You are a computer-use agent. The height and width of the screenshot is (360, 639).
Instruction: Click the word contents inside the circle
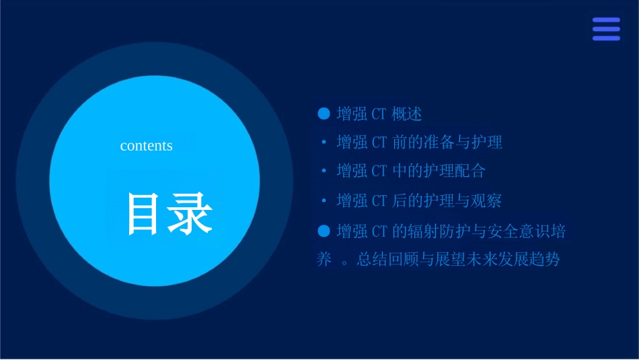146,146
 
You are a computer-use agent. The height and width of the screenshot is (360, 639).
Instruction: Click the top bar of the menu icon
606,20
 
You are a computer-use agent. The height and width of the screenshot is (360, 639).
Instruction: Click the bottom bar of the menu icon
606,38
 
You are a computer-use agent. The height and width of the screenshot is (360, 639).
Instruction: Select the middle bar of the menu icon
606,29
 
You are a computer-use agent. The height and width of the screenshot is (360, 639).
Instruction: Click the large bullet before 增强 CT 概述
324,114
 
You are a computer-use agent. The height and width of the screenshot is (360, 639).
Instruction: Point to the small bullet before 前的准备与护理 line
324,143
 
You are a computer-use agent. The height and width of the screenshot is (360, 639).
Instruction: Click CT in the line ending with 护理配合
379,171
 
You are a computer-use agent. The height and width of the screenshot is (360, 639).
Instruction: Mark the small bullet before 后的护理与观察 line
324,201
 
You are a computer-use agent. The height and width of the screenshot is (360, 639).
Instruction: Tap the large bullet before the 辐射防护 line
324,231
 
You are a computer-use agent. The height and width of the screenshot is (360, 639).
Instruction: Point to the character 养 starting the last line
324,260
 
